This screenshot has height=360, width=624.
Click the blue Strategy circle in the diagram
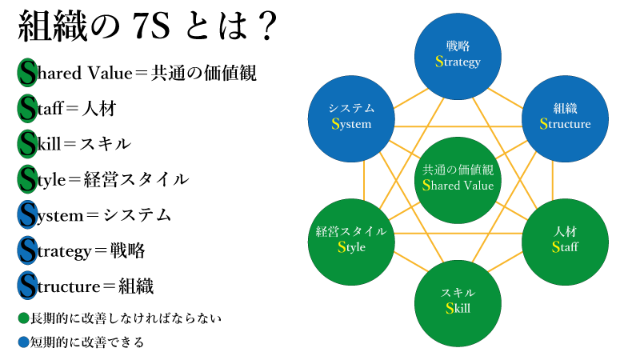[x=458, y=54]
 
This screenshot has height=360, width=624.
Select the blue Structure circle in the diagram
[x=565, y=117]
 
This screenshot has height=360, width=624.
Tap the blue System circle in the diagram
[x=351, y=117]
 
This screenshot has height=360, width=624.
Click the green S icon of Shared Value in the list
[x=27, y=73]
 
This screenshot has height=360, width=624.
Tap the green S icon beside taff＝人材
[x=27, y=108]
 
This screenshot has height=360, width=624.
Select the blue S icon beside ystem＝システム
[x=27, y=214]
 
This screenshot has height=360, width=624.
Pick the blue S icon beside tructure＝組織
[x=27, y=286]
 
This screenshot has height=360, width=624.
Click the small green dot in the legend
[x=23, y=318]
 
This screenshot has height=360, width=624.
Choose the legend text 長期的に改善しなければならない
[x=125, y=318]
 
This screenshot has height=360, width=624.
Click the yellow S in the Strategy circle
[x=439, y=62]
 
